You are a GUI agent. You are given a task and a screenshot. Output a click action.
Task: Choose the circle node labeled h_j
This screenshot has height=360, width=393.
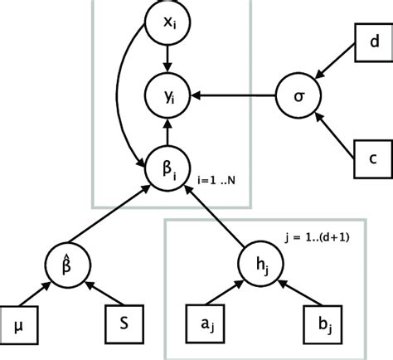coord(259,265)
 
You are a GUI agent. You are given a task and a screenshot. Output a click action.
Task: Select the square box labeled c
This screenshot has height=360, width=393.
coord(373,156)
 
